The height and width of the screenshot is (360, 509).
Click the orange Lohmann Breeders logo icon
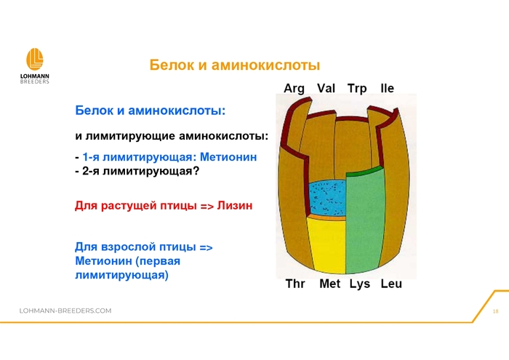coord(34,59)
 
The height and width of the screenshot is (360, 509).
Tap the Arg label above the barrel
coord(294,88)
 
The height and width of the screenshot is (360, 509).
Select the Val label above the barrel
coord(326,88)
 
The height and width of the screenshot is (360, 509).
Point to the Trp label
coord(357,88)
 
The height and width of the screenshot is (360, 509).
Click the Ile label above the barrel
coord(388,88)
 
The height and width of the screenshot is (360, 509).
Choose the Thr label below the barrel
coord(295,284)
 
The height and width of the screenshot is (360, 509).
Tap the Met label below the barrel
coord(330,284)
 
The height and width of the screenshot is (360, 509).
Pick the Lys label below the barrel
coord(360,284)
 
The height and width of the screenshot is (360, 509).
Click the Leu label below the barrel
coord(391,284)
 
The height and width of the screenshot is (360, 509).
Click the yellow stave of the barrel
coord(327,245)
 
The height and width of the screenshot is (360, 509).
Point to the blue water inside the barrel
coord(326,198)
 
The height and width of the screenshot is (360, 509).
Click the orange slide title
coord(235,65)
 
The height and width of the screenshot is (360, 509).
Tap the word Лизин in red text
coord(235,206)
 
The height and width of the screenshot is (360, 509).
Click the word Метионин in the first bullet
coord(228,157)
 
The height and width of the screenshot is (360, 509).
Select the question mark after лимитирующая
coord(196,171)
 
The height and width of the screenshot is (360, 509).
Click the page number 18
coord(495,311)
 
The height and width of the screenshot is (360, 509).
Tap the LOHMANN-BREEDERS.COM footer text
coord(65,311)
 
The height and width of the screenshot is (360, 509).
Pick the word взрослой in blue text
coord(125,247)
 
